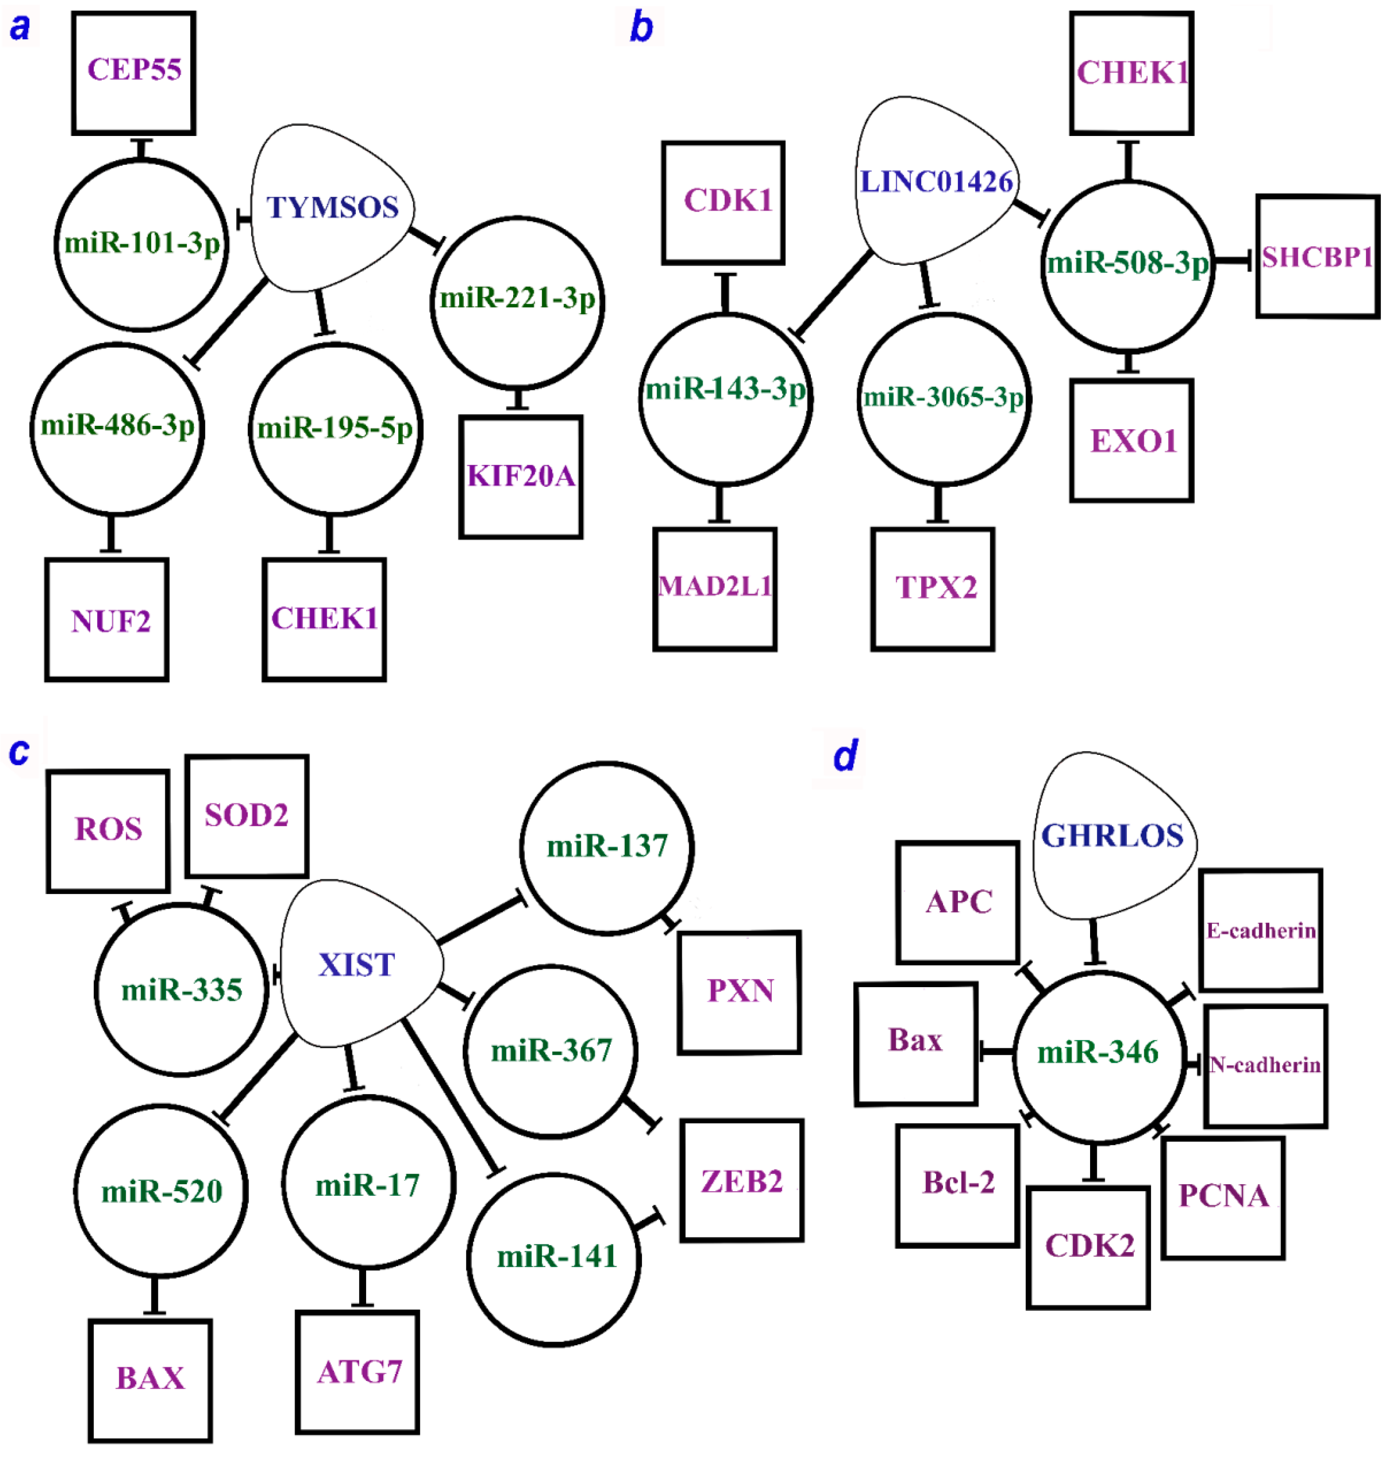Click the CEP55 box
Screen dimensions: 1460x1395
tap(134, 72)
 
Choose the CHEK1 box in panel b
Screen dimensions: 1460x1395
tap(1132, 73)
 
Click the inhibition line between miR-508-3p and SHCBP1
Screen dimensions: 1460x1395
tap(1234, 260)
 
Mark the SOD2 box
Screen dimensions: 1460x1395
tap(247, 815)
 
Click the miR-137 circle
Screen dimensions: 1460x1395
tap(607, 847)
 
